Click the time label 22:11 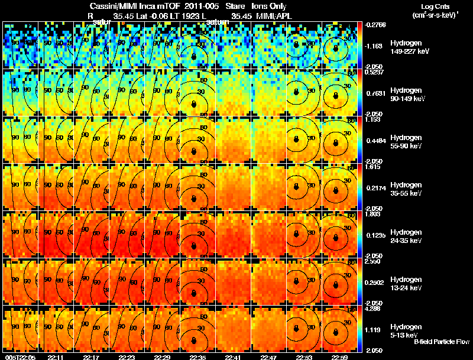[x=56, y=357]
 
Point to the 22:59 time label [x=339, y=357]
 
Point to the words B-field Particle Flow [x=441, y=342]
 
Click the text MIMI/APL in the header [x=270, y=16]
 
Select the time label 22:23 [x=127, y=357]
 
